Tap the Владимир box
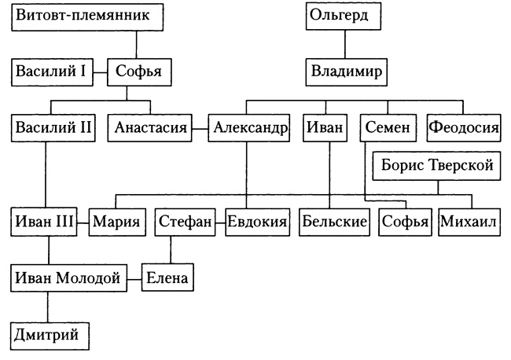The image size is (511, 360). [x=346, y=73]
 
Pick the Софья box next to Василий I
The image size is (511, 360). [x=138, y=73]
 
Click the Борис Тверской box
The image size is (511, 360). [x=436, y=166]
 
